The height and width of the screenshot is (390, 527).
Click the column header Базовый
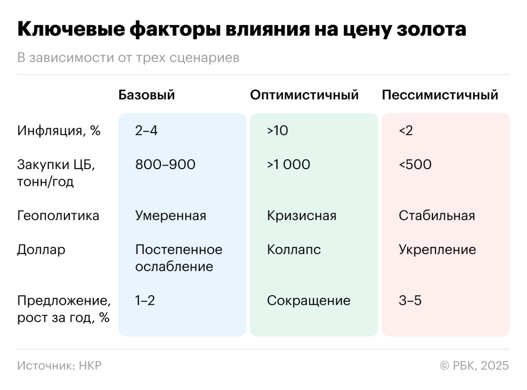click(147, 95)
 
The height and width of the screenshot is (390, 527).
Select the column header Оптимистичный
click(304, 95)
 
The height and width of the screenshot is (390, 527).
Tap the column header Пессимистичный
click(440, 95)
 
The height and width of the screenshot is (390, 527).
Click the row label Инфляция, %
click(59, 131)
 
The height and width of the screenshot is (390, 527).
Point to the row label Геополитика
click(58, 216)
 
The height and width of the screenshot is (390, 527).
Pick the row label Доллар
click(41, 250)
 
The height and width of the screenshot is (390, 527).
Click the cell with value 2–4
click(146, 131)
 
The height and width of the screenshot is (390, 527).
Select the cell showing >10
click(278, 131)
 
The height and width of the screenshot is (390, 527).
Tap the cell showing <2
click(406, 131)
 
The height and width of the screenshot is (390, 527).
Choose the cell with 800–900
click(165, 165)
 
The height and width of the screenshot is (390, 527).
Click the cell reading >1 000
click(289, 165)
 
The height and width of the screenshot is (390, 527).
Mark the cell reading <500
click(415, 165)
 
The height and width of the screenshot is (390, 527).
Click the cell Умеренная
click(170, 216)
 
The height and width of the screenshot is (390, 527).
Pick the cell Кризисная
click(302, 216)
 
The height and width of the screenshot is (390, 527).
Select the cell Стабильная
click(437, 216)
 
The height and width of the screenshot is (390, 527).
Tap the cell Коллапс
click(294, 250)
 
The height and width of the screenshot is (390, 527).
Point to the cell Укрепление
click(437, 250)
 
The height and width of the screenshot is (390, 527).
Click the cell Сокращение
click(309, 301)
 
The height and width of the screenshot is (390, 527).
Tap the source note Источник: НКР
click(59, 366)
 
